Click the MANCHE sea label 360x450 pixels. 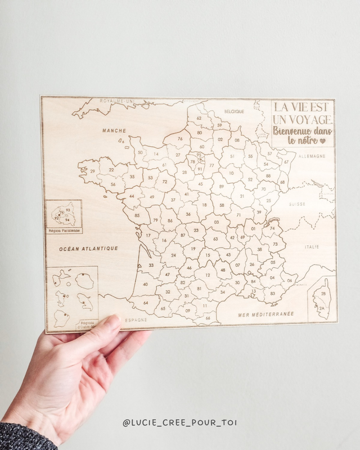pos(114,130)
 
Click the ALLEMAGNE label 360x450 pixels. pos(312,156)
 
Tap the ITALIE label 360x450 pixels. pos(311,246)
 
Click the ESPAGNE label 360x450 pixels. pos(136,319)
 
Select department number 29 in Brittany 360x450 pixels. pos(92,170)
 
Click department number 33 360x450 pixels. pos(151,265)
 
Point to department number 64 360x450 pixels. pos(146,303)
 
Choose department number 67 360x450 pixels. pos(285,162)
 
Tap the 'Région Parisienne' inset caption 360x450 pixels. pos(64,231)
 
